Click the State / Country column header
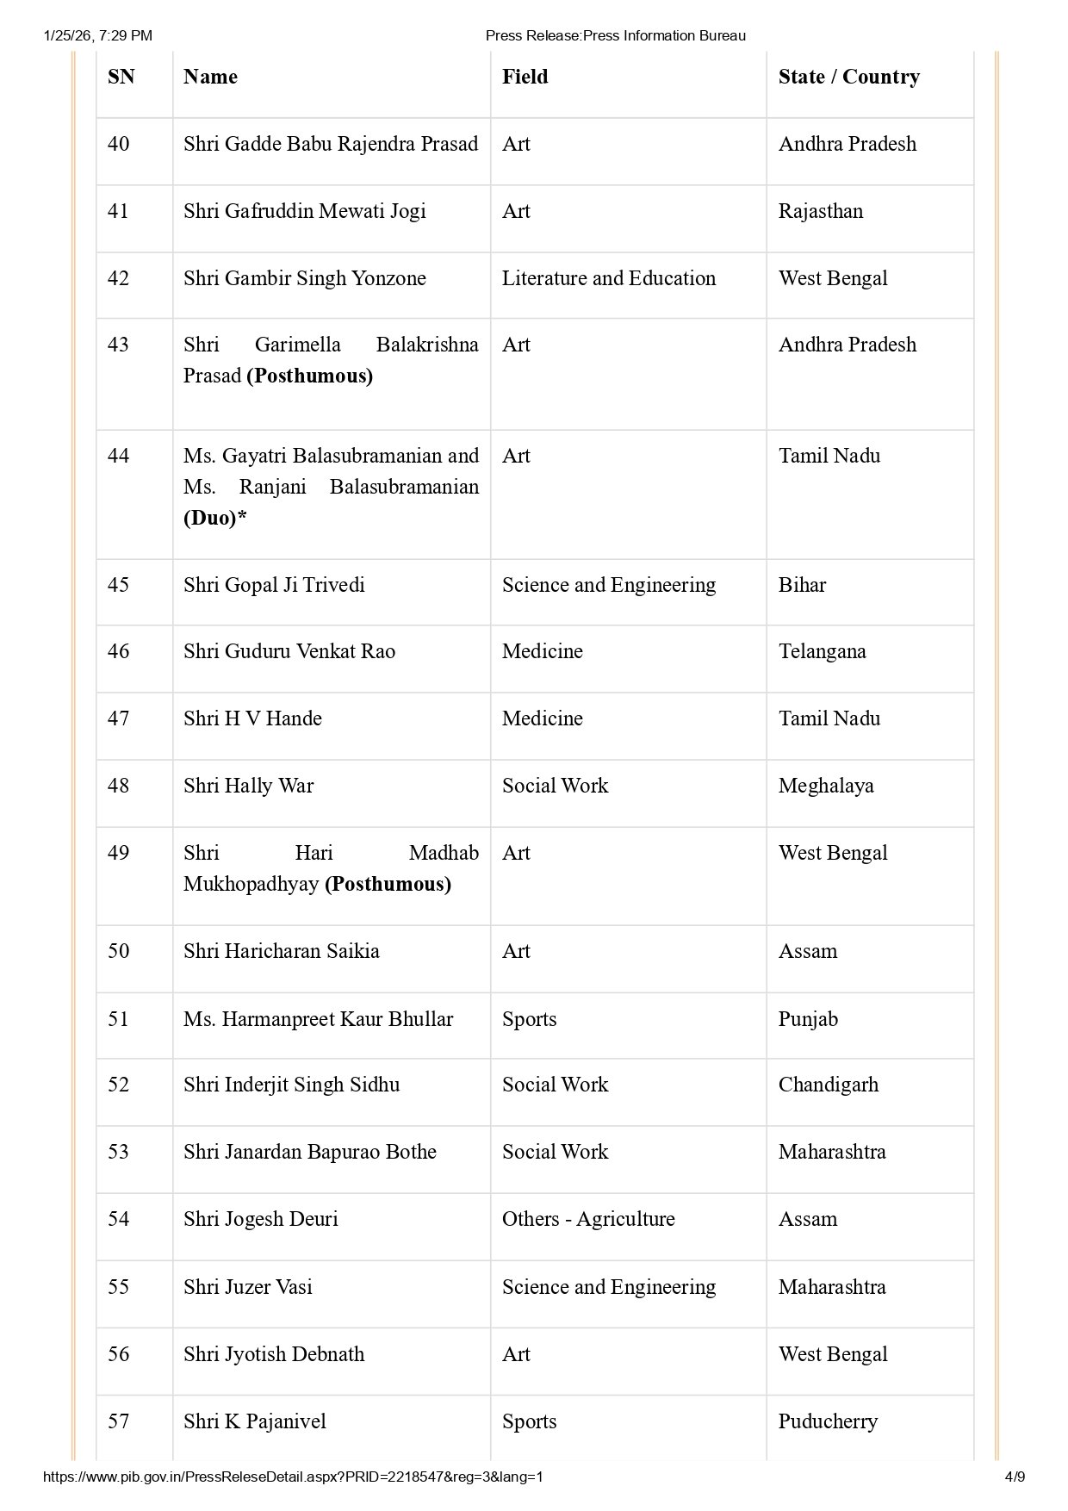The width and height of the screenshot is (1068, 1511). pyautogui.click(x=848, y=77)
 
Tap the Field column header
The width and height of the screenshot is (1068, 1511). pyautogui.click(x=525, y=77)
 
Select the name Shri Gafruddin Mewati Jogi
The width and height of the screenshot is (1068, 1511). pyautogui.click(x=304, y=211)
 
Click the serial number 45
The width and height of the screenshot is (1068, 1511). pyautogui.click(x=119, y=585)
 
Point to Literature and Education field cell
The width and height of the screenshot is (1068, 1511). pyautogui.click(x=608, y=278)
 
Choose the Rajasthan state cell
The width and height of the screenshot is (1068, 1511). pyautogui.click(x=820, y=211)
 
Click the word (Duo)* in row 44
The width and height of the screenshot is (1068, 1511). pyautogui.click(x=214, y=518)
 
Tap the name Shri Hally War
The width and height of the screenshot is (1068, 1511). pyautogui.click(x=248, y=786)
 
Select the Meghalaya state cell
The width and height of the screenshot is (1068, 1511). pyautogui.click(x=825, y=786)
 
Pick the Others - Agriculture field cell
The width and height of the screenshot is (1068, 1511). pyautogui.click(x=588, y=1219)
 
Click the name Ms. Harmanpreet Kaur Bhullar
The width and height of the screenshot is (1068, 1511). pyautogui.click(x=318, y=1019)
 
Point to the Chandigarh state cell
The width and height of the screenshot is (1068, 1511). pyautogui.click(x=828, y=1085)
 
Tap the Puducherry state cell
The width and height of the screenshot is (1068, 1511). pyautogui.click(x=828, y=1421)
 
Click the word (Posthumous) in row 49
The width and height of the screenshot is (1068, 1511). pyautogui.click(x=388, y=884)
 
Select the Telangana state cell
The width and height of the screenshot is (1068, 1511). pyautogui.click(x=822, y=651)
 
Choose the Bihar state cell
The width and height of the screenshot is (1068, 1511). pyautogui.click(x=802, y=585)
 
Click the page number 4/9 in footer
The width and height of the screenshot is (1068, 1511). pyautogui.click(x=1015, y=1477)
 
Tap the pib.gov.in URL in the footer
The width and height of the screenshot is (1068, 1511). pyautogui.click(x=293, y=1477)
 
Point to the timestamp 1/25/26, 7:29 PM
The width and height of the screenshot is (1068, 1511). pyautogui.click(x=97, y=35)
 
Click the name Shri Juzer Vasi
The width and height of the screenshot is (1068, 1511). pyautogui.click(x=247, y=1287)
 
